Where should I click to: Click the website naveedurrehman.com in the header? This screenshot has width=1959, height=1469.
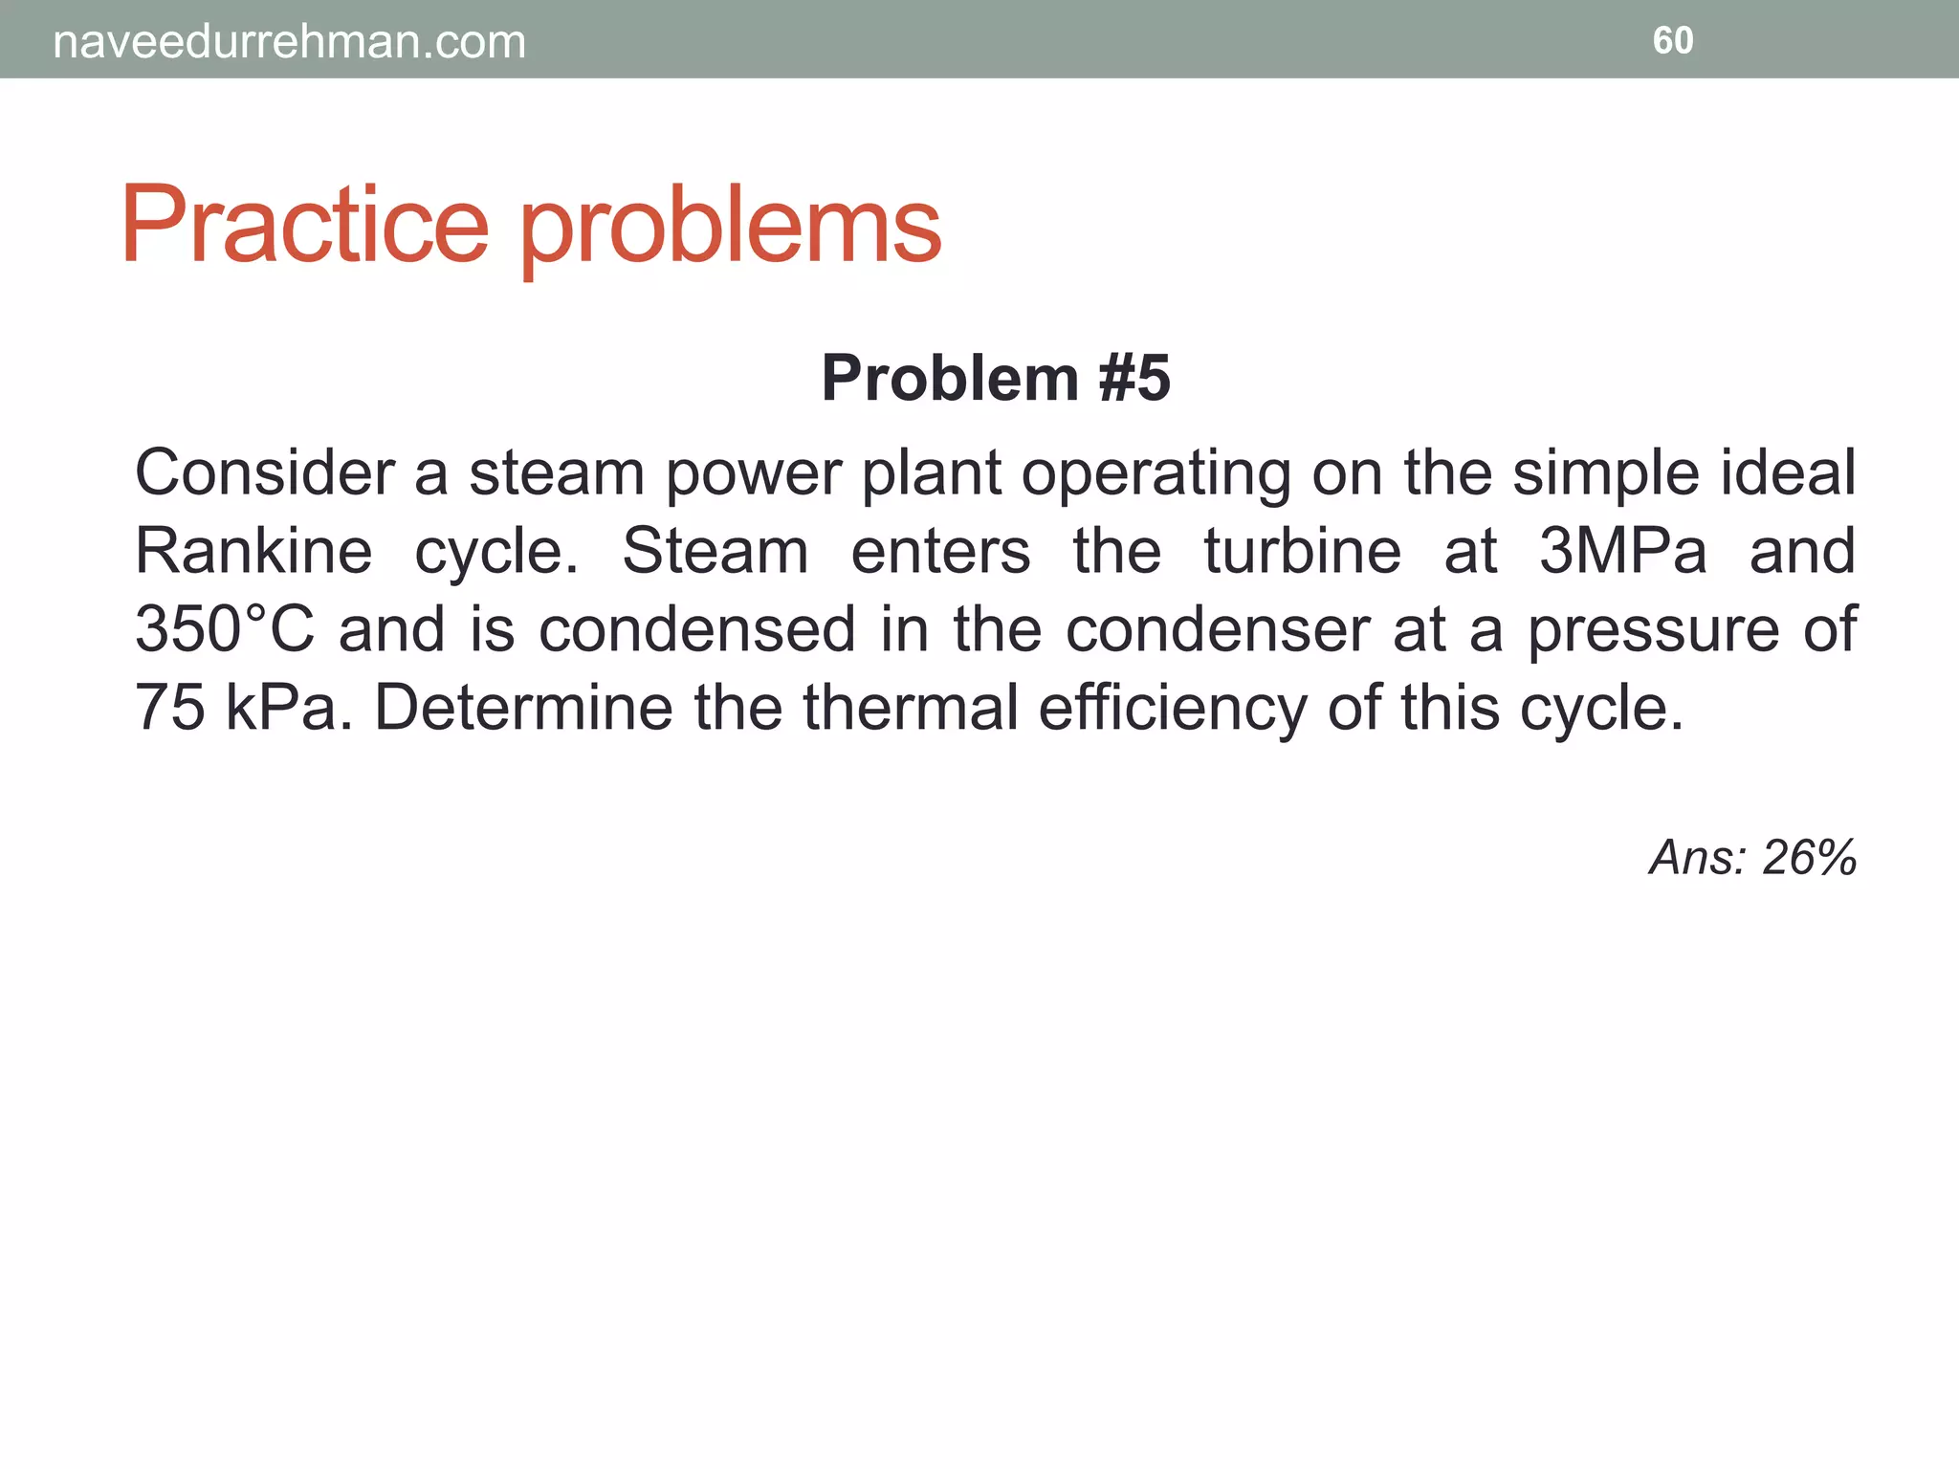289,42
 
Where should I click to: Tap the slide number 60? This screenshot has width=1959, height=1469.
1672,40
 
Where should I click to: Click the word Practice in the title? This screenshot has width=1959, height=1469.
304,226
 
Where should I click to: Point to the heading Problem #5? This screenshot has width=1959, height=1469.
995,378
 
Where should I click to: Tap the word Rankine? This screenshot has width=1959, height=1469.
253,551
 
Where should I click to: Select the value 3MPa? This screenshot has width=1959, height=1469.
1622,551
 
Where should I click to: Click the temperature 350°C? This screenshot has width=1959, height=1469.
224,629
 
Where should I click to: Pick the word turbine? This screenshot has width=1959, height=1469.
1302,551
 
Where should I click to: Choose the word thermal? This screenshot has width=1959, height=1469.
911,708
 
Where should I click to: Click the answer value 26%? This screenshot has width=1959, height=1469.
1808,857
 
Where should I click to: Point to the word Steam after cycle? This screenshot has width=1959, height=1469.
715,551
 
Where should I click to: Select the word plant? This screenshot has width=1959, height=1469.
932,474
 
